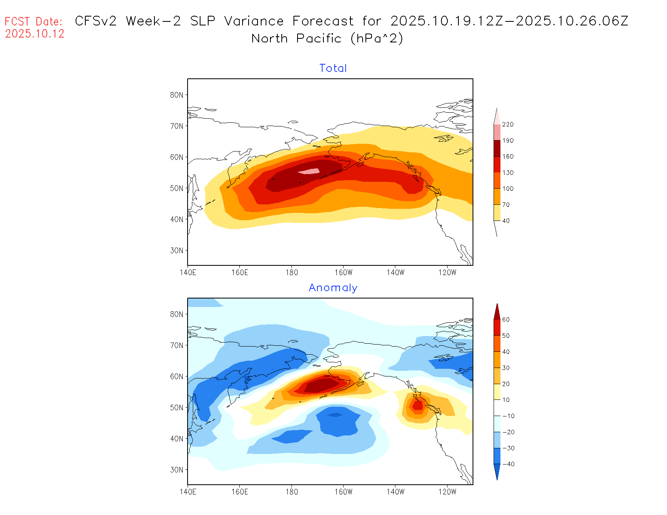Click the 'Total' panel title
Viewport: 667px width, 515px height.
pyautogui.click(x=333, y=68)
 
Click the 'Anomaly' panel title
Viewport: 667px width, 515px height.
pyautogui.click(x=333, y=288)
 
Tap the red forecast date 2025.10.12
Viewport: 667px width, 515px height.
pyautogui.click(x=35, y=34)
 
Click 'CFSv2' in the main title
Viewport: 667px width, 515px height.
pyautogui.click(x=96, y=21)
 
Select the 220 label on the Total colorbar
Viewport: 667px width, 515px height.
pyautogui.click(x=508, y=124)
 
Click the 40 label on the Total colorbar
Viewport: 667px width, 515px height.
pyautogui.click(x=506, y=221)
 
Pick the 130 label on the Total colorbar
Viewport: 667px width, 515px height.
pyautogui.click(x=508, y=172)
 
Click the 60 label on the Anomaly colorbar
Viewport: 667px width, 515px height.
pyautogui.click(x=506, y=320)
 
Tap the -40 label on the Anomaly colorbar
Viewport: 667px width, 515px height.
pyautogui.click(x=508, y=464)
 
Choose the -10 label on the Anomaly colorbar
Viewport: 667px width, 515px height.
pyautogui.click(x=508, y=416)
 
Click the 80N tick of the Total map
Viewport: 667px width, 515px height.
pyautogui.click(x=177, y=95)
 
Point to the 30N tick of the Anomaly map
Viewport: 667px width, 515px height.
pyautogui.click(x=177, y=470)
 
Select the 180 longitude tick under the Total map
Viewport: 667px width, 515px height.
pyautogui.click(x=291, y=273)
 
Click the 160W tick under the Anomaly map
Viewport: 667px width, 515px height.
pyautogui.click(x=343, y=492)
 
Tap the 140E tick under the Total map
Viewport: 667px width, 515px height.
pyautogui.click(x=188, y=273)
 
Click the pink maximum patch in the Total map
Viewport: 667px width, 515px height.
pyautogui.click(x=310, y=171)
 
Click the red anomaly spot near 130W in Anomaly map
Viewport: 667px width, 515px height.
pyautogui.click(x=418, y=405)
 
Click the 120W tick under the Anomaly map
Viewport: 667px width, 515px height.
pyautogui.click(x=447, y=492)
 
